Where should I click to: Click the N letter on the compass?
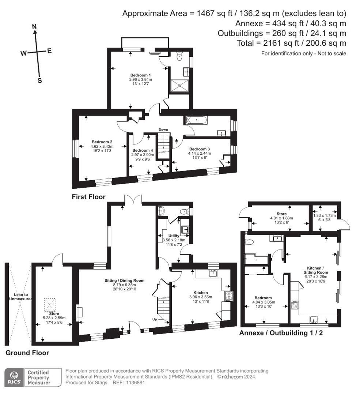(x=35, y=27)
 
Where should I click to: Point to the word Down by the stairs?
(x=163, y=129)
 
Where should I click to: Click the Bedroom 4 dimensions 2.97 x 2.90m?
(x=143, y=155)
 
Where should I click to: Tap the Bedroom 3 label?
(x=199, y=149)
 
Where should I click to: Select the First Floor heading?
(x=88, y=197)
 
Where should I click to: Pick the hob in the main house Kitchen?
(x=228, y=296)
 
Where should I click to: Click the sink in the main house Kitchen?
(x=213, y=272)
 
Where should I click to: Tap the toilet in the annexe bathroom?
(x=250, y=241)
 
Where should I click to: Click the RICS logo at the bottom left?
(x=14, y=377)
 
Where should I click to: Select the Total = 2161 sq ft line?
(x=291, y=43)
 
